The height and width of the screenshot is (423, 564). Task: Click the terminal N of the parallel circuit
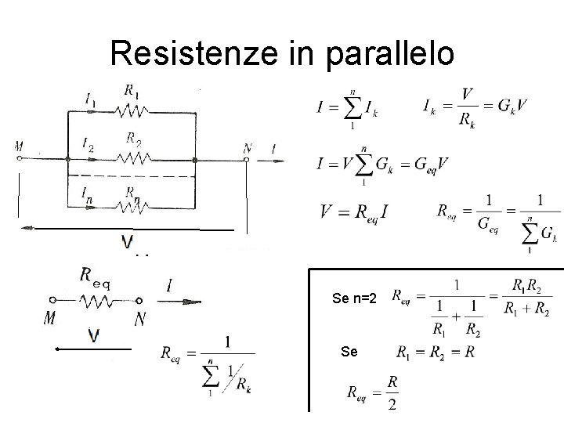pos(247,159)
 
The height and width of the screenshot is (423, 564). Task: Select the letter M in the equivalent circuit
pos(50,320)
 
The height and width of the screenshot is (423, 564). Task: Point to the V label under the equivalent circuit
pos(94,336)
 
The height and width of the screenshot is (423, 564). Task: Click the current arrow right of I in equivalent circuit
pos(189,301)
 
